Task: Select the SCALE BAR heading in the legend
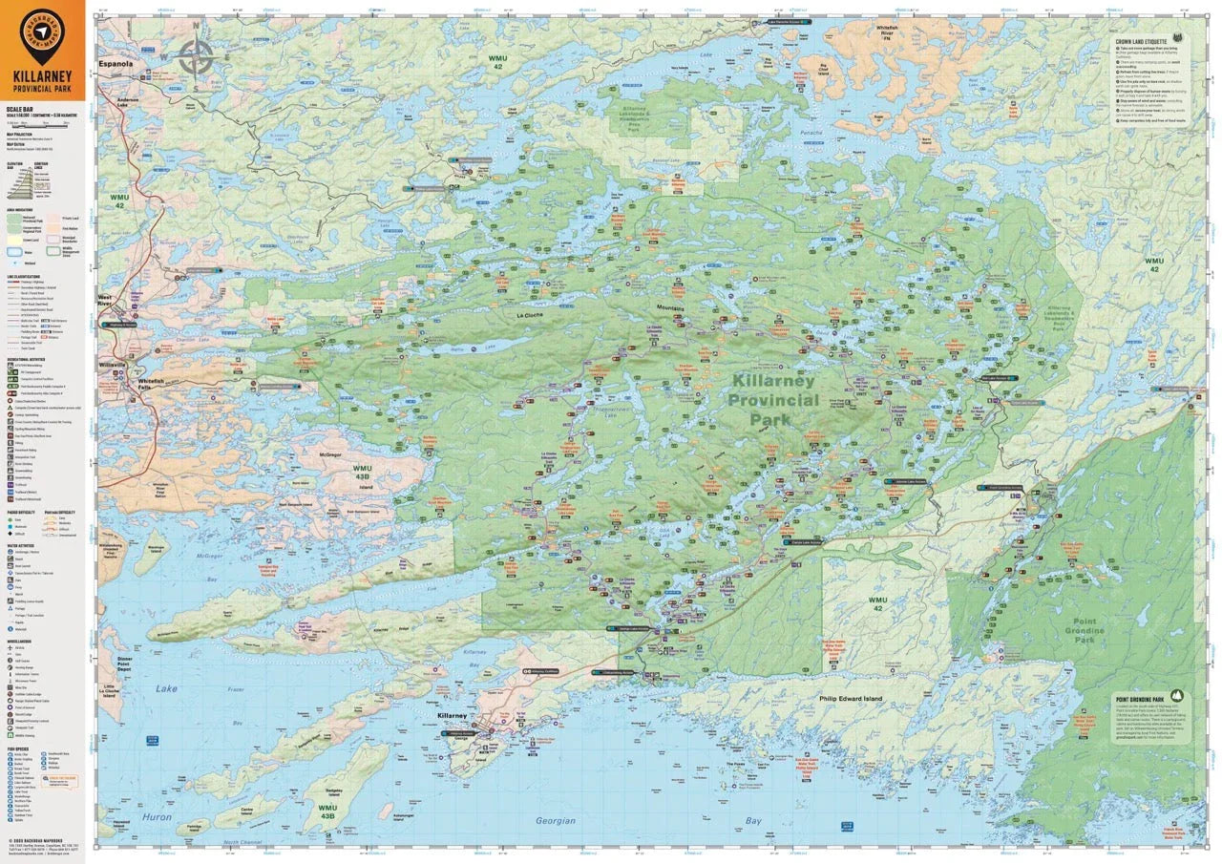click(x=19, y=110)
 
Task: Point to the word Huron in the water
click(x=158, y=817)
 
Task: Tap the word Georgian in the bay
click(x=556, y=820)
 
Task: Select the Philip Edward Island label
click(x=851, y=699)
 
